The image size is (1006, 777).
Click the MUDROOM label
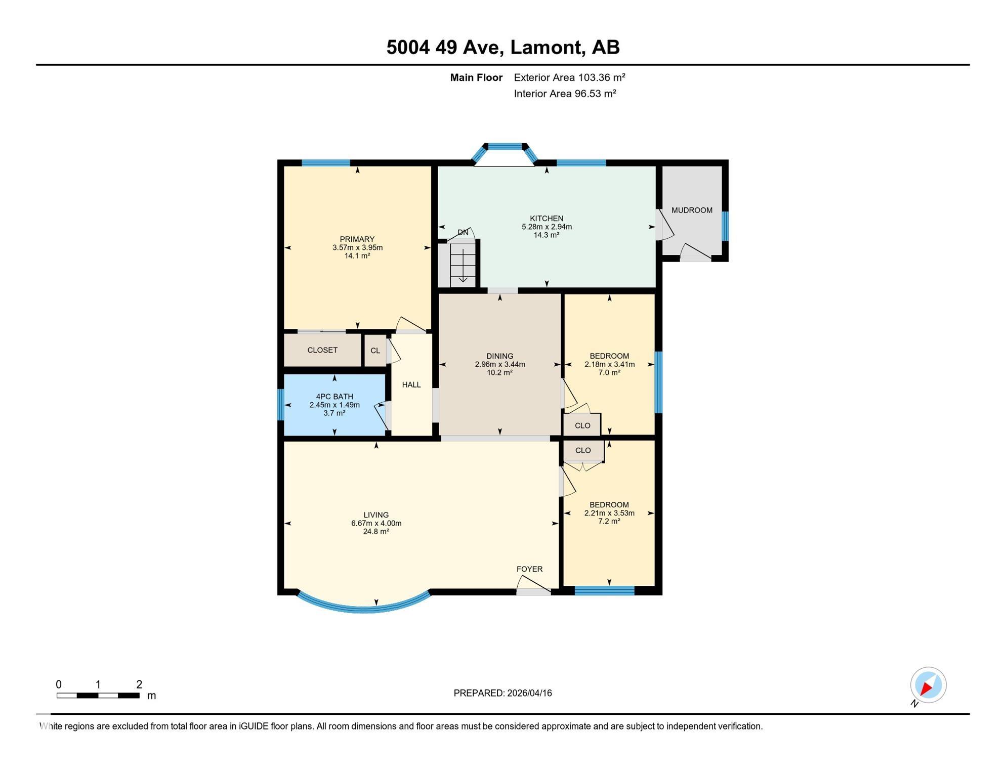click(692, 210)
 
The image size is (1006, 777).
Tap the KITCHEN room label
click(547, 219)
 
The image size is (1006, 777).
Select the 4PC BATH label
click(334, 397)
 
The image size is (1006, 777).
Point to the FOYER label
click(529, 569)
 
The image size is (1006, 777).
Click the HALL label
click(411, 385)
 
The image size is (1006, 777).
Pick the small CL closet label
click(375, 351)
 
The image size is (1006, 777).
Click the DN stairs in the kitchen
click(463, 263)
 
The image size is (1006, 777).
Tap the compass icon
click(928, 685)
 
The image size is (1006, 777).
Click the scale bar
click(98, 696)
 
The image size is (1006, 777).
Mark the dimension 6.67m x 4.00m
click(376, 524)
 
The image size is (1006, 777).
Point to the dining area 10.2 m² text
click(500, 373)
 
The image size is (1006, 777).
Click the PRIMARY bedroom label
click(357, 239)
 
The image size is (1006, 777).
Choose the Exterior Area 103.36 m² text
click(570, 77)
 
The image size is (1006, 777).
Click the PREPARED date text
click(502, 693)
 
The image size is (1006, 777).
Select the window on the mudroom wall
click(725, 226)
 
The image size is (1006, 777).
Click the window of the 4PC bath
click(280, 405)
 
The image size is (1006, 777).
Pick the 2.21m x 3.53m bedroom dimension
click(609, 513)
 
